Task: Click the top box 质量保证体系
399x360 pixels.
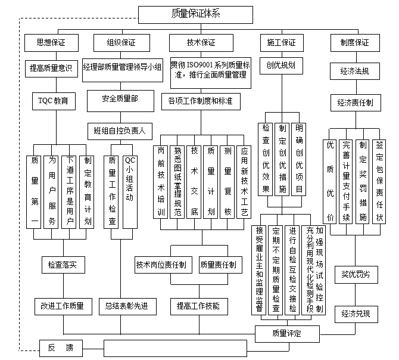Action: point(195,13)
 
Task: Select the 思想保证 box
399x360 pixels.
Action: point(51,43)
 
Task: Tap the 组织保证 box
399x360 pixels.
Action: point(121,43)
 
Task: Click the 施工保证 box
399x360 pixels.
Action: point(281,43)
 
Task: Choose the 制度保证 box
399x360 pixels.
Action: point(354,43)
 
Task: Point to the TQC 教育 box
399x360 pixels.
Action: point(53,101)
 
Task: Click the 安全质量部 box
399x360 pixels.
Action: point(120,99)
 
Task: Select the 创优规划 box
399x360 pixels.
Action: point(281,65)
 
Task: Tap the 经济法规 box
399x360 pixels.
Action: point(354,72)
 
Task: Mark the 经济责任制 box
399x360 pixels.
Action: point(355,103)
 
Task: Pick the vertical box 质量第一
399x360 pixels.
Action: point(35,191)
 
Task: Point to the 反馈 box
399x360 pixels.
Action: point(60,347)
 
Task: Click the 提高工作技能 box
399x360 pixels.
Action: point(198,306)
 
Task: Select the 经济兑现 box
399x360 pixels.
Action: point(356,314)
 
